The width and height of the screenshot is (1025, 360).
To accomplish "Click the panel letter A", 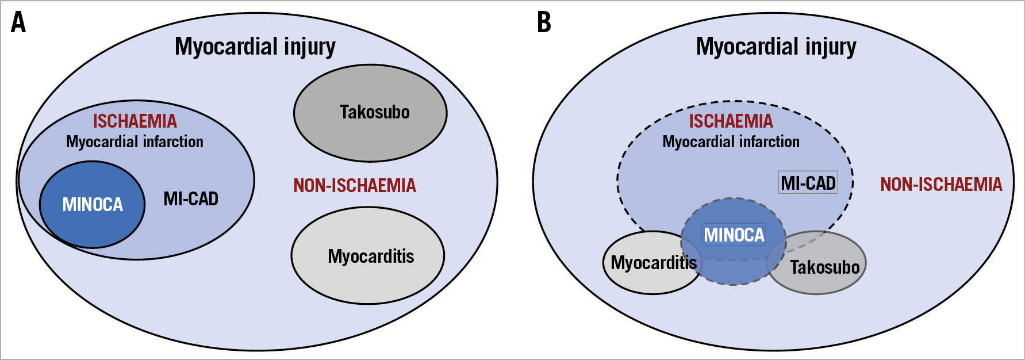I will [x=18, y=23].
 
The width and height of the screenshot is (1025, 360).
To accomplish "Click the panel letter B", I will [x=544, y=23].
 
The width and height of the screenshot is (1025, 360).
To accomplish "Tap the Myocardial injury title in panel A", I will [x=255, y=47].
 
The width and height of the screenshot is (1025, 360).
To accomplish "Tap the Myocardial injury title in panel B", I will [x=776, y=47].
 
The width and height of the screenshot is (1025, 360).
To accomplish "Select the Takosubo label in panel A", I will [x=374, y=112].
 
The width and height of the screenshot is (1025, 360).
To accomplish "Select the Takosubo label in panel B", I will [x=824, y=267].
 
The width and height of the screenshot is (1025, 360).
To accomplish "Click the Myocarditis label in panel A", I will [x=371, y=256].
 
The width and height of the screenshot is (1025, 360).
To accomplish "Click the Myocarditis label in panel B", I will [x=653, y=263].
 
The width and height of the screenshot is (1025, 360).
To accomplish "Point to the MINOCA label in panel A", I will [x=93, y=204].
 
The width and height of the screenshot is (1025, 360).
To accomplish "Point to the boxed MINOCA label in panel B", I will [x=734, y=235].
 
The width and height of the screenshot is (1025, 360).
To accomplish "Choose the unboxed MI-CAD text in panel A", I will [x=191, y=199].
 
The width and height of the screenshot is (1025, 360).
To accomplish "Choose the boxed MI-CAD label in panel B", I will [x=808, y=183].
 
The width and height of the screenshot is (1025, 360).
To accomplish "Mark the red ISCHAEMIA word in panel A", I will [x=135, y=121].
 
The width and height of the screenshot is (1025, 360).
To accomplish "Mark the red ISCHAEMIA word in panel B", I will [x=731, y=121].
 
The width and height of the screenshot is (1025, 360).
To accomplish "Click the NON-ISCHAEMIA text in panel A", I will [x=355, y=185].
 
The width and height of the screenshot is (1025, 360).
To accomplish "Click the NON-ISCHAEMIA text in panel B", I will [x=941, y=184].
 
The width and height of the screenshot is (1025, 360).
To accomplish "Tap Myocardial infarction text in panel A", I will [x=135, y=141].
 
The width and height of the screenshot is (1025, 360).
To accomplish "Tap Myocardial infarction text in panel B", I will [x=731, y=141].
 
